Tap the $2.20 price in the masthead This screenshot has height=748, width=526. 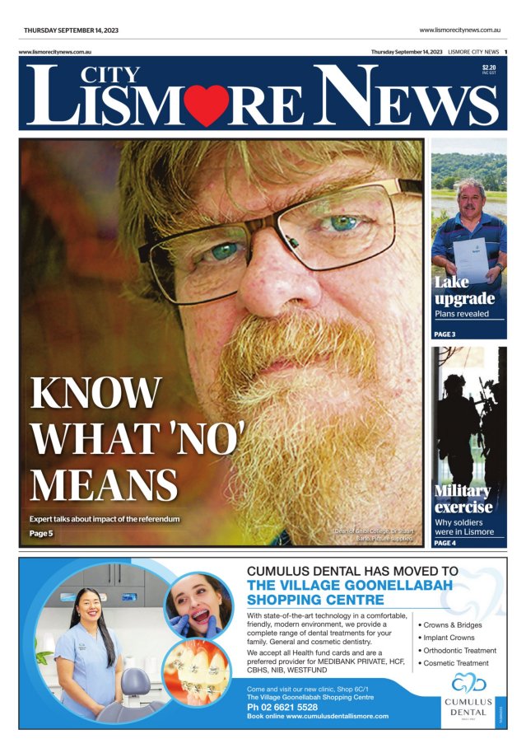pyautogui.click(x=489, y=68)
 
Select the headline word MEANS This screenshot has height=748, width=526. pyautogui.click(x=104, y=484)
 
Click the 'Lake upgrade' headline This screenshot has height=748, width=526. pyautogui.click(x=464, y=291)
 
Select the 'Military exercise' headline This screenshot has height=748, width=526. pyautogui.click(x=463, y=499)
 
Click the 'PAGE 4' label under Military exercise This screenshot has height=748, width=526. pyautogui.click(x=445, y=543)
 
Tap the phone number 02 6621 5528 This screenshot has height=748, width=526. pyautogui.click(x=282, y=707)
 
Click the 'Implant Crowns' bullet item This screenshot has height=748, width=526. pyautogui.click(x=449, y=638)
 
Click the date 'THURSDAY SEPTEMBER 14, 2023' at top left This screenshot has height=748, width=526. pyautogui.click(x=71, y=30)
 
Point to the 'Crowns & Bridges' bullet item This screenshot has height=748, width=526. pyautogui.click(x=453, y=625)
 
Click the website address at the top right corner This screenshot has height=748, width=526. pyautogui.click(x=460, y=30)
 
